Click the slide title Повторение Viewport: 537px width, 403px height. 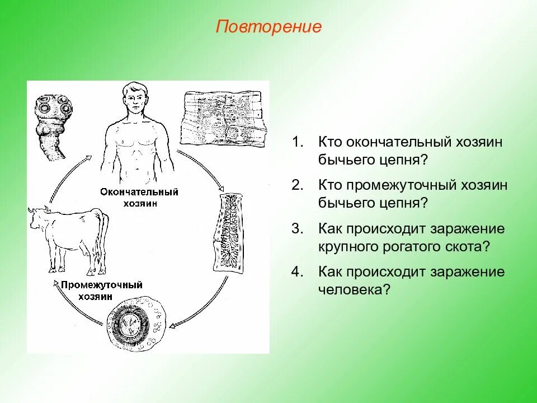tap(268, 27)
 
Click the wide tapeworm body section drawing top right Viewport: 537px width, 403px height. tap(223, 119)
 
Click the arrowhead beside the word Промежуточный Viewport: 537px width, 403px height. tap(55, 283)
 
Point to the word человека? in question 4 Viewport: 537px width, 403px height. tap(354, 290)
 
